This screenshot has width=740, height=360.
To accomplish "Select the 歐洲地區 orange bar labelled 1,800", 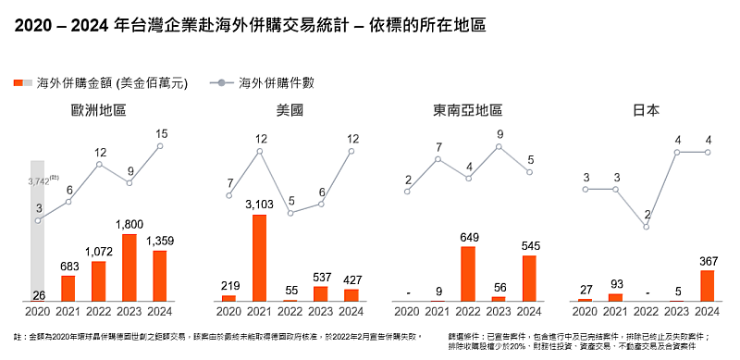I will click(x=129, y=267).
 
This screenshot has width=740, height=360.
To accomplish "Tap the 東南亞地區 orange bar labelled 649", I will click(x=468, y=274).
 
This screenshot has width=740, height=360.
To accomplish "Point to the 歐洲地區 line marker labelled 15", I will click(x=160, y=145).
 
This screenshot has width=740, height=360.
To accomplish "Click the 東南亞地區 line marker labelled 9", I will click(x=499, y=147).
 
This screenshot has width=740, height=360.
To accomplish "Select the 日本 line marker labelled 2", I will click(x=647, y=227).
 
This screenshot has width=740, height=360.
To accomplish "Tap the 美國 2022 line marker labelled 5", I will click(x=290, y=213).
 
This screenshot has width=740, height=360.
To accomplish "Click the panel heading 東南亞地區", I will click(x=467, y=110).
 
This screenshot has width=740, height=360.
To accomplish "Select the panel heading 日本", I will click(x=646, y=110).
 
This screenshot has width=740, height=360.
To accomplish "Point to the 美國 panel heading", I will click(x=290, y=110).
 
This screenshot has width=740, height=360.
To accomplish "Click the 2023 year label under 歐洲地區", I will click(x=129, y=311).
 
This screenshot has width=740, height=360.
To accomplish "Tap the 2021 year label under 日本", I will click(x=615, y=311).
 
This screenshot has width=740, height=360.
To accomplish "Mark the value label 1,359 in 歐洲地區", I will click(x=160, y=242).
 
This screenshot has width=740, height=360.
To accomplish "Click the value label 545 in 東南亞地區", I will click(x=529, y=246).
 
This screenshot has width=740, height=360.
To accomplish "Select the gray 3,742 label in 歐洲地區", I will click(x=39, y=181).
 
